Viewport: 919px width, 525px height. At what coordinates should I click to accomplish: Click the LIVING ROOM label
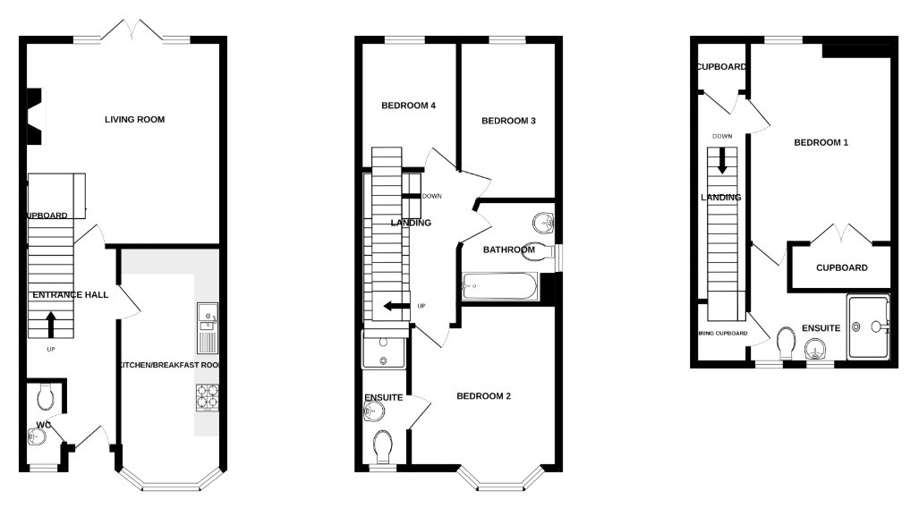pyautogui.click(x=134, y=120)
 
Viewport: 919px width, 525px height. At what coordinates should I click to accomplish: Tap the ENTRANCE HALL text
pyautogui.click(x=71, y=295)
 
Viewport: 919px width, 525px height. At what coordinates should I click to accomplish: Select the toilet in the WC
pyautogui.click(x=46, y=394)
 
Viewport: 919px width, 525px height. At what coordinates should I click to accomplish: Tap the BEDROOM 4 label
pyautogui.click(x=408, y=106)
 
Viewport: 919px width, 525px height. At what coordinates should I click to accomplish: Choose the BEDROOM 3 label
pyautogui.click(x=508, y=121)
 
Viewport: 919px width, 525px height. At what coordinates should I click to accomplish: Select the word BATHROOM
pyautogui.click(x=509, y=250)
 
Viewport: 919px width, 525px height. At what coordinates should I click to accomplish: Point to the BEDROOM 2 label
pyautogui.click(x=483, y=396)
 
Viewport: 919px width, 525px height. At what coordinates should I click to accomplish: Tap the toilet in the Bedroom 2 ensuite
pyautogui.click(x=383, y=445)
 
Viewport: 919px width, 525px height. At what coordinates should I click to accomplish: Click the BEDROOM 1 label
pyautogui.click(x=821, y=142)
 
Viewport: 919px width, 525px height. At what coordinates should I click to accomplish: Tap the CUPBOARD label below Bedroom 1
pyautogui.click(x=841, y=267)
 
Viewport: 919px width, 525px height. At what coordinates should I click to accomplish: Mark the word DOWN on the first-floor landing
pyautogui.click(x=431, y=195)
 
